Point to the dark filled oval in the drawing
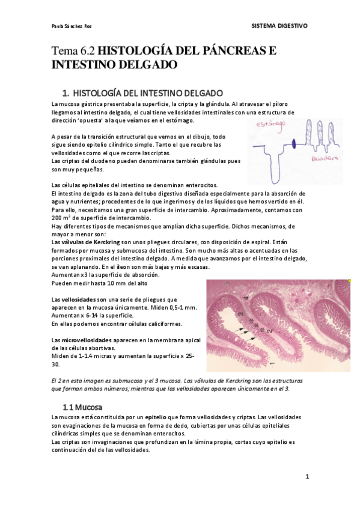[294, 143]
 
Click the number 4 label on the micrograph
[246, 298]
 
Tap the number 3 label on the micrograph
[240, 315]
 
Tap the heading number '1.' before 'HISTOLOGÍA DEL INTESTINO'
[66, 93]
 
